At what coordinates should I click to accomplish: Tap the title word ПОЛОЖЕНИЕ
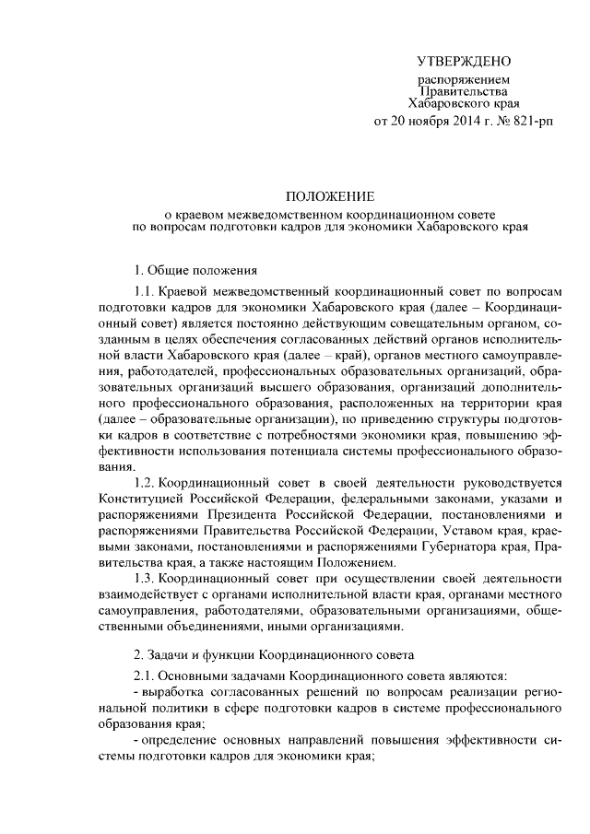tap(329, 196)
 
